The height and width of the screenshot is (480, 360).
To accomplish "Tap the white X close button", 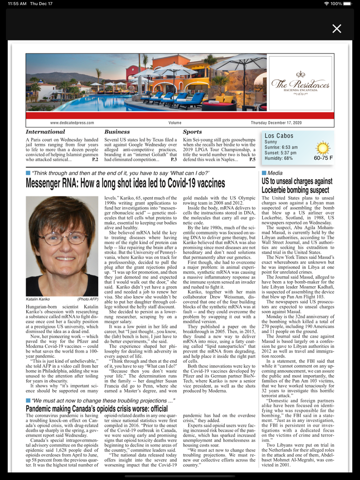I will click(337, 29).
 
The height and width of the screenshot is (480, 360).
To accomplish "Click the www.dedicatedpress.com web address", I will click(72, 123).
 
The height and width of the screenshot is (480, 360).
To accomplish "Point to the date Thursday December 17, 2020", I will click(276, 123).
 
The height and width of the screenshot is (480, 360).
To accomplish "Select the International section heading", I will click(46, 132).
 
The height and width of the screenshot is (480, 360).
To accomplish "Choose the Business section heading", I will click(117, 132).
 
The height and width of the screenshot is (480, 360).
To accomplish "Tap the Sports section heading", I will click(192, 132).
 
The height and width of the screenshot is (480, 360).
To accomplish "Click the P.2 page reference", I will click(95, 160).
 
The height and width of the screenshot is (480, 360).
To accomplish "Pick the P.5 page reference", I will click(252, 160).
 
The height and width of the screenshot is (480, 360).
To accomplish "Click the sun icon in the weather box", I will click(322, 148).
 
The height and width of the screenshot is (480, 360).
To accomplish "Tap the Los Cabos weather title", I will click(279, 136).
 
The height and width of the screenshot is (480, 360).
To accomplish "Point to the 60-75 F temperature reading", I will click(323, 158).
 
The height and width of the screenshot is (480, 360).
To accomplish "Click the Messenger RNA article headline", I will click(125, 184).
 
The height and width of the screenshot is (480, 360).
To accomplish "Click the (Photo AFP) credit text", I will click(88, 299).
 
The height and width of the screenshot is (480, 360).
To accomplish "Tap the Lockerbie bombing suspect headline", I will click(297, 186).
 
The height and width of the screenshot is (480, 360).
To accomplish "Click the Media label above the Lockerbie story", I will click(275, 173).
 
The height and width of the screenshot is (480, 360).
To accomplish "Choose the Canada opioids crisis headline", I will click(97, 409).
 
